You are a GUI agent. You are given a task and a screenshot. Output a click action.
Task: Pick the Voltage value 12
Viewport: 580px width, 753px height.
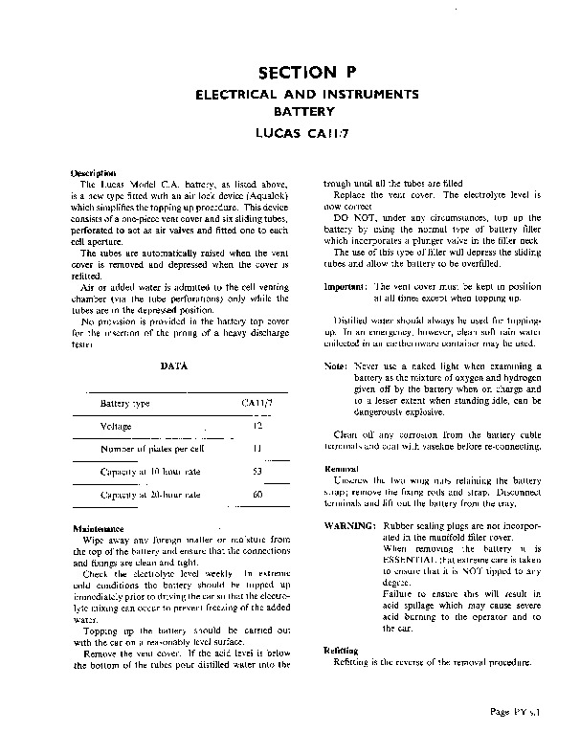258,425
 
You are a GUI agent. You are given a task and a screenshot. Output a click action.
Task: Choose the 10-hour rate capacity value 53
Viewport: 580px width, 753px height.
257,471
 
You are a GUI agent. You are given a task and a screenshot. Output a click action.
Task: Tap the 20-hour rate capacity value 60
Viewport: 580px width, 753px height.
257,494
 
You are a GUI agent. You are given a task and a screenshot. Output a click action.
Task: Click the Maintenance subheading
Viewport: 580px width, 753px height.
99,528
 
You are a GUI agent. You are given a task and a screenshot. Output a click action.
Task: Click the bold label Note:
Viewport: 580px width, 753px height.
335,366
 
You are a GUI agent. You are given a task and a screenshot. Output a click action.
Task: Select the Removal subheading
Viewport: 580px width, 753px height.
342,469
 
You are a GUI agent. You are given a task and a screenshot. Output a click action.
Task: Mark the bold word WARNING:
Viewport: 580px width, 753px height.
351,527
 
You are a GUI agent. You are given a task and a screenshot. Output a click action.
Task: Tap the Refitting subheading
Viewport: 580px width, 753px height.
343,651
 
